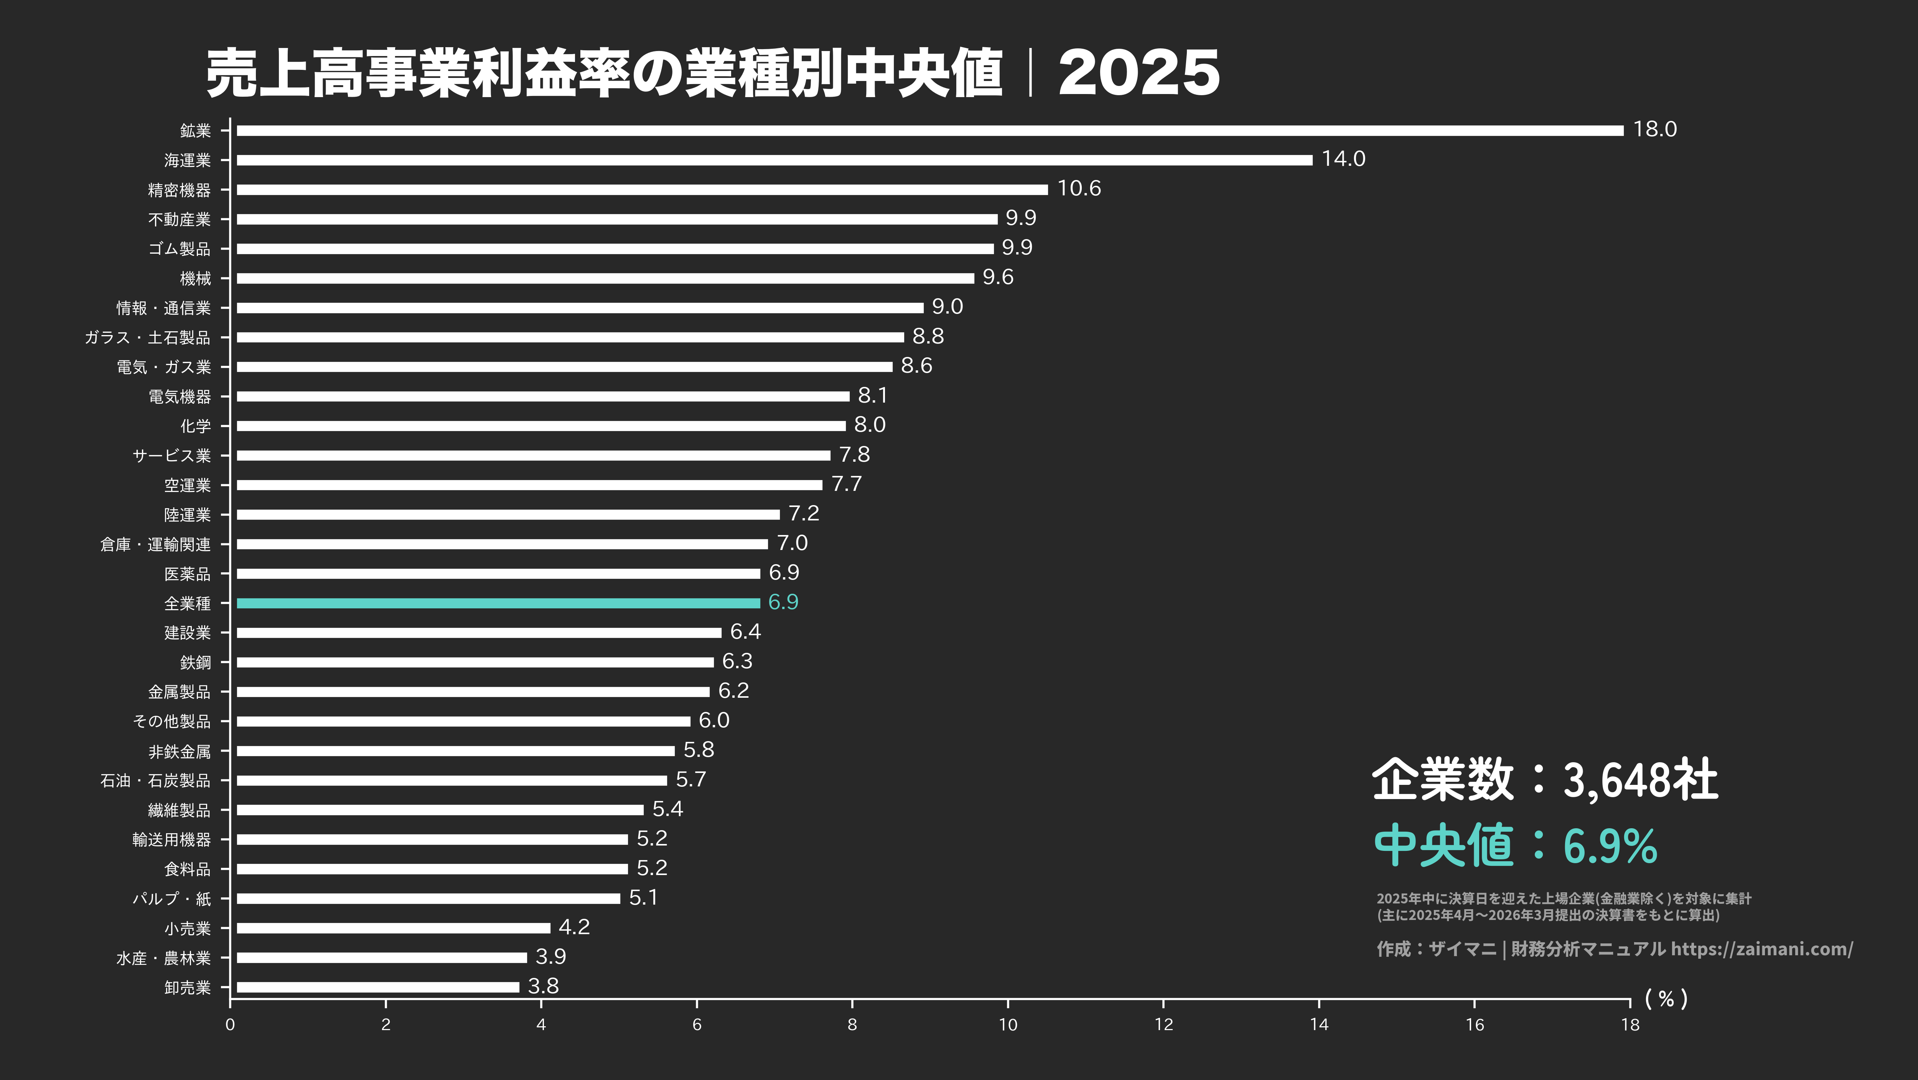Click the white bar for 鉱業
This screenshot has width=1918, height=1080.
click(x=929, y=130)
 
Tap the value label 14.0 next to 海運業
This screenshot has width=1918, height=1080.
click(x=1343, y=159)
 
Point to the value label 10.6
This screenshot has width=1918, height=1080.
click(x=1079, y=188)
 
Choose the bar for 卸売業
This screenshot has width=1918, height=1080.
click(x=377, y=987)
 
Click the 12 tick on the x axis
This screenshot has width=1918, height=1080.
click(x=1163, y=1024)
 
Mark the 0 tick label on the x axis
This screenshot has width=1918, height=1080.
click(x=230, y=1024)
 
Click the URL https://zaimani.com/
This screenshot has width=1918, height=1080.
click(x=1761, y=949)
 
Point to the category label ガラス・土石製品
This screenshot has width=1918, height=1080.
click(x=147, y=337)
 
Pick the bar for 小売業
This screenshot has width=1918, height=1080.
click(x=393, y=928)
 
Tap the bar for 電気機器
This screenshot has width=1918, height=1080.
click(x=543, y=396)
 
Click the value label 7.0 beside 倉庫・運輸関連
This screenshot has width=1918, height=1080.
click(x=792, y=543)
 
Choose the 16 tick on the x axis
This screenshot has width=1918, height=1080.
click(x=1474, y=1024)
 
